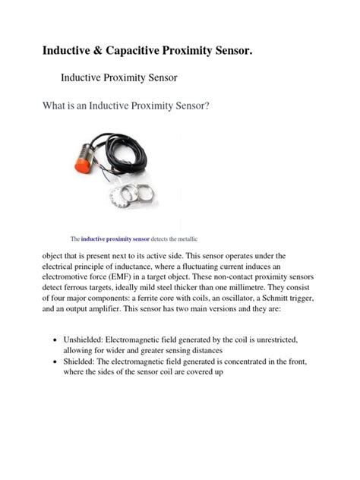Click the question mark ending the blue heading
[x=207, y=106]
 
